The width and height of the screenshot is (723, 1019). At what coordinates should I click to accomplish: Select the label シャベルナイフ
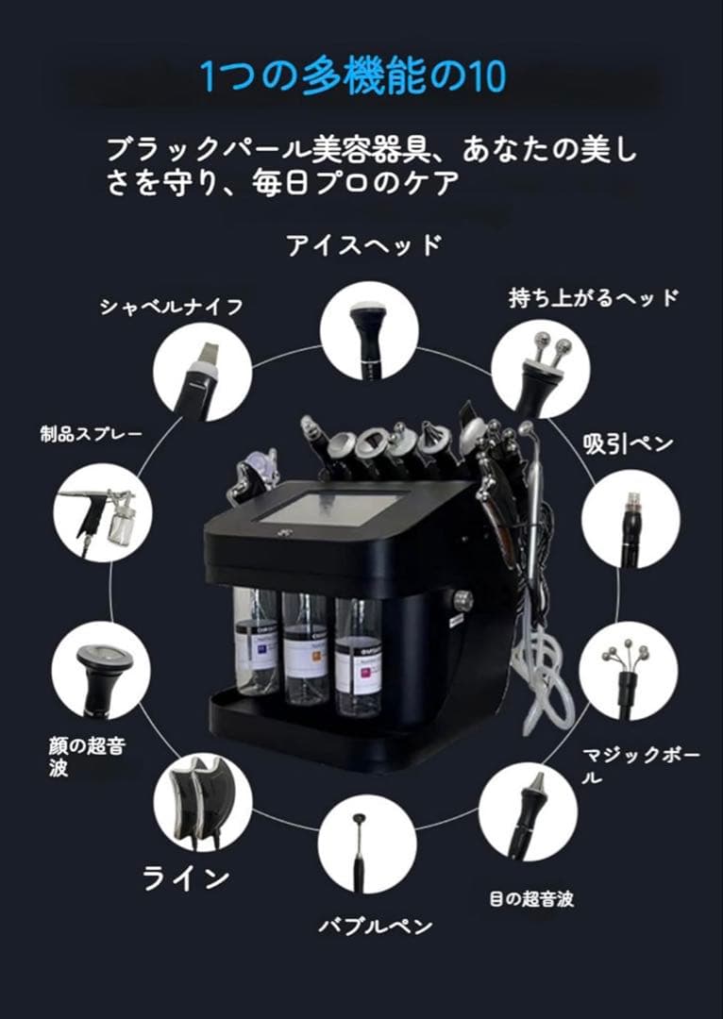coord(172,307)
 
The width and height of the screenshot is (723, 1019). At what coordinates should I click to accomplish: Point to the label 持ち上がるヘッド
coord(594,299)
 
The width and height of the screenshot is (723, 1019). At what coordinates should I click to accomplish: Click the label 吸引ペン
coord(628,443)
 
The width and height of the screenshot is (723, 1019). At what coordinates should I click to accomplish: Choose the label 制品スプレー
coord(91,434)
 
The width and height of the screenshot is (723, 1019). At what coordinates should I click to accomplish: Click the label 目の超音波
coord(531,899)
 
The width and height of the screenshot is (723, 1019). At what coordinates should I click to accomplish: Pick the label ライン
coord(186,877)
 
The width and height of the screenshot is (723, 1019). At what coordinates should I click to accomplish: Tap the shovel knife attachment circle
coord(202,372)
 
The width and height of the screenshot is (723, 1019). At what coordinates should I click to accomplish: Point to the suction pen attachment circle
coord(631,518)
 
